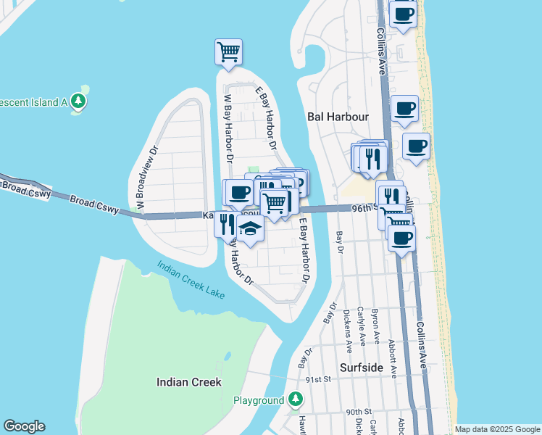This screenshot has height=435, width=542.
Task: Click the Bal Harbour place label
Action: pyautogui.click(x=338, y=116)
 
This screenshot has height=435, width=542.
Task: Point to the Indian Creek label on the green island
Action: pyautogui.click(x=189, y=381)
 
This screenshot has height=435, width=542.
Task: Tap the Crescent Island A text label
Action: pyautogui.click(x=33, y=102)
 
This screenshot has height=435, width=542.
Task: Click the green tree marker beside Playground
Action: pyautogui.click(x=295, y=399)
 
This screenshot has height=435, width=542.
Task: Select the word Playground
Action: pyautogui.click(x=259, y=400)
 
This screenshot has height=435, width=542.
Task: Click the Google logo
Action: pyautogui.click(x=24, y=426)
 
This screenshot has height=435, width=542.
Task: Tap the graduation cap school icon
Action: pyautogui.click(x=250, y=229)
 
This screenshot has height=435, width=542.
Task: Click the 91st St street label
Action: pyautogui.click(x=317, y=379)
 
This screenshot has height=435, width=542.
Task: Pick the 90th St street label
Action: pyautogui.click(x=359, y=411)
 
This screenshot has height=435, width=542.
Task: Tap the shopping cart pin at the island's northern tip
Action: pyautogui.click(x=229, y=52)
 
